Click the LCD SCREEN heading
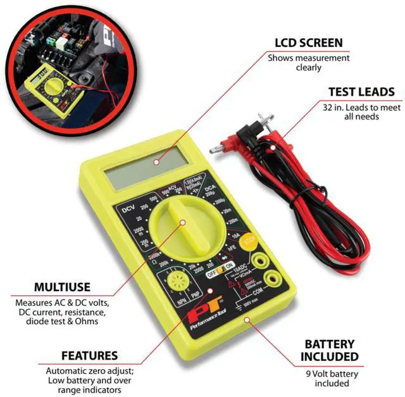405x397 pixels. [308, 43]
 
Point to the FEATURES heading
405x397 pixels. [89, 355]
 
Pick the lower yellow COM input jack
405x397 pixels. [273, 277]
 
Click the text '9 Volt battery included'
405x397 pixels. [333, 379]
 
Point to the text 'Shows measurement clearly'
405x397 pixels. [308, 63]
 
